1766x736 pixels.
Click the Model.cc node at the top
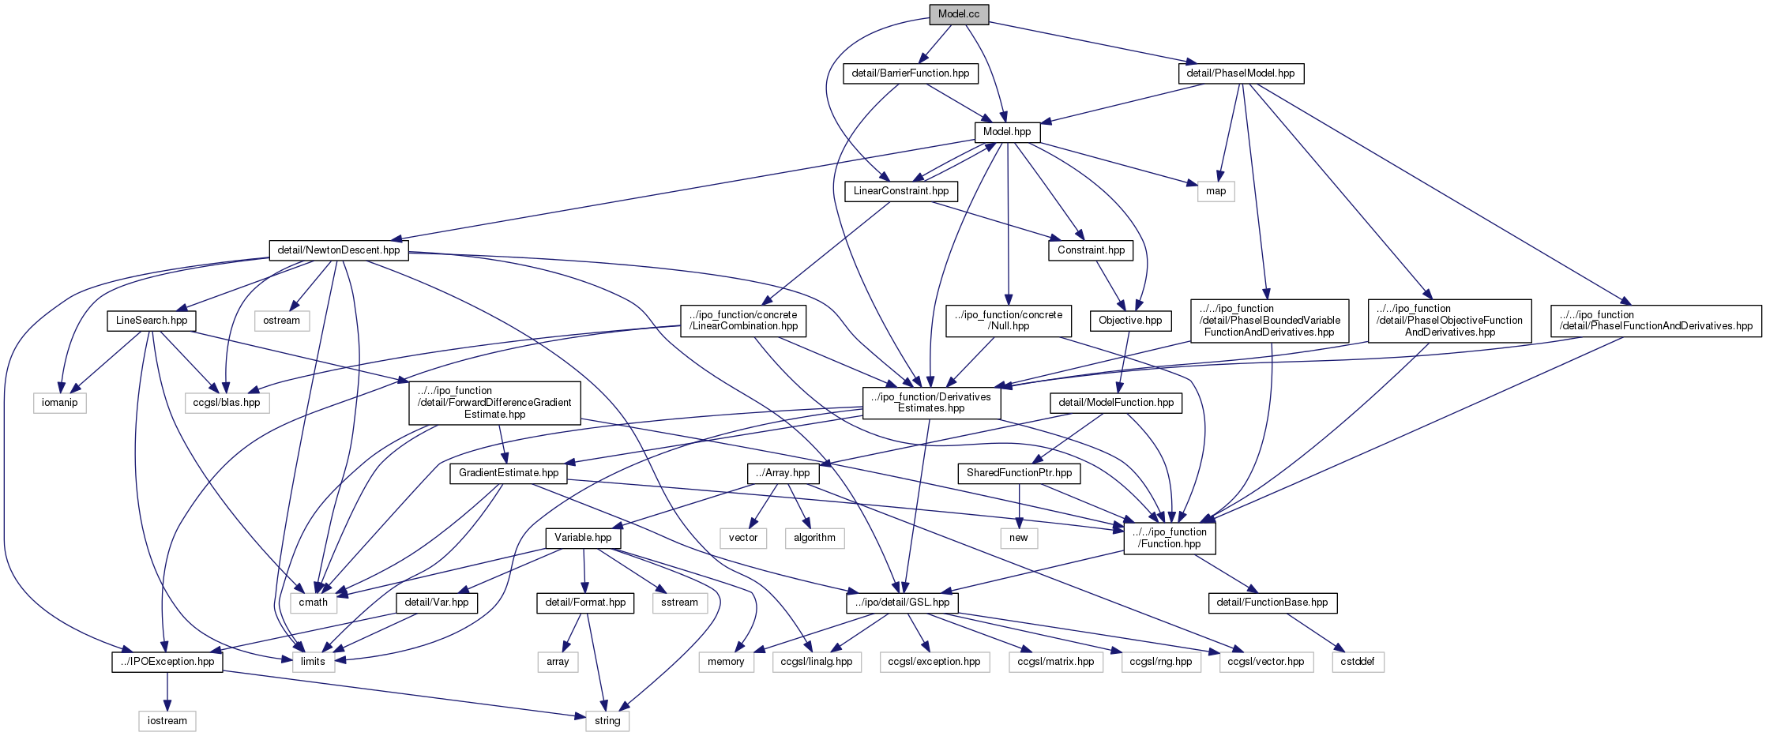pyautogui.click(x=959, y=14)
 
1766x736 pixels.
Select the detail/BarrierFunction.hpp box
pyautogui.click(x=911, y=73)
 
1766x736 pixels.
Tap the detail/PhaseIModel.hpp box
pyautogui.click(x=1241, y=73)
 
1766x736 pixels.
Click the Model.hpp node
pyautogui.click(x=1007, y=132)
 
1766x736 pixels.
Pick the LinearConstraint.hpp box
pyautogui.click(x=901, y=191)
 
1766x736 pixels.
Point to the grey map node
pyautogui.click(x=1216, y=191)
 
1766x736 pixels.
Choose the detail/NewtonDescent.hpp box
pyautogui.click(x=339, y=250)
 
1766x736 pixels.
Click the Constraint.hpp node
pyautogui.click(x=1091, y=250)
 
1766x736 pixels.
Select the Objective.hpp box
pyautogui.click(x=1130, y=321)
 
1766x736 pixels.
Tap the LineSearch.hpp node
pyautogui.click(x=152, y=321)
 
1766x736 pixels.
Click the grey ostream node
pyautogui.click(x=282, y=321)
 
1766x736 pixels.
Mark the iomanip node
pyautogui.click(x=60, y=403)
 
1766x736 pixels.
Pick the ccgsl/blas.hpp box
pyautogui.click(x=227, y=403)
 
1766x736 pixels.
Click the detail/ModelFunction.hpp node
pyautogui.click(x=1116, y=403)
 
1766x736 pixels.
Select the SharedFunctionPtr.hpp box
pyautogui.click(x=1019, y=473)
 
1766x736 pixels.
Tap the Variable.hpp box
pyautogui.click(x=583, y=538)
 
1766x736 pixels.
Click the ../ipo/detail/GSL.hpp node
pyautogui.click(x=902, y=603)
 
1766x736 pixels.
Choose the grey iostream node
pyautogui.click(x=167, y=721)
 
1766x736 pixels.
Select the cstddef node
pyautogui.click(x=1358, y=662)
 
